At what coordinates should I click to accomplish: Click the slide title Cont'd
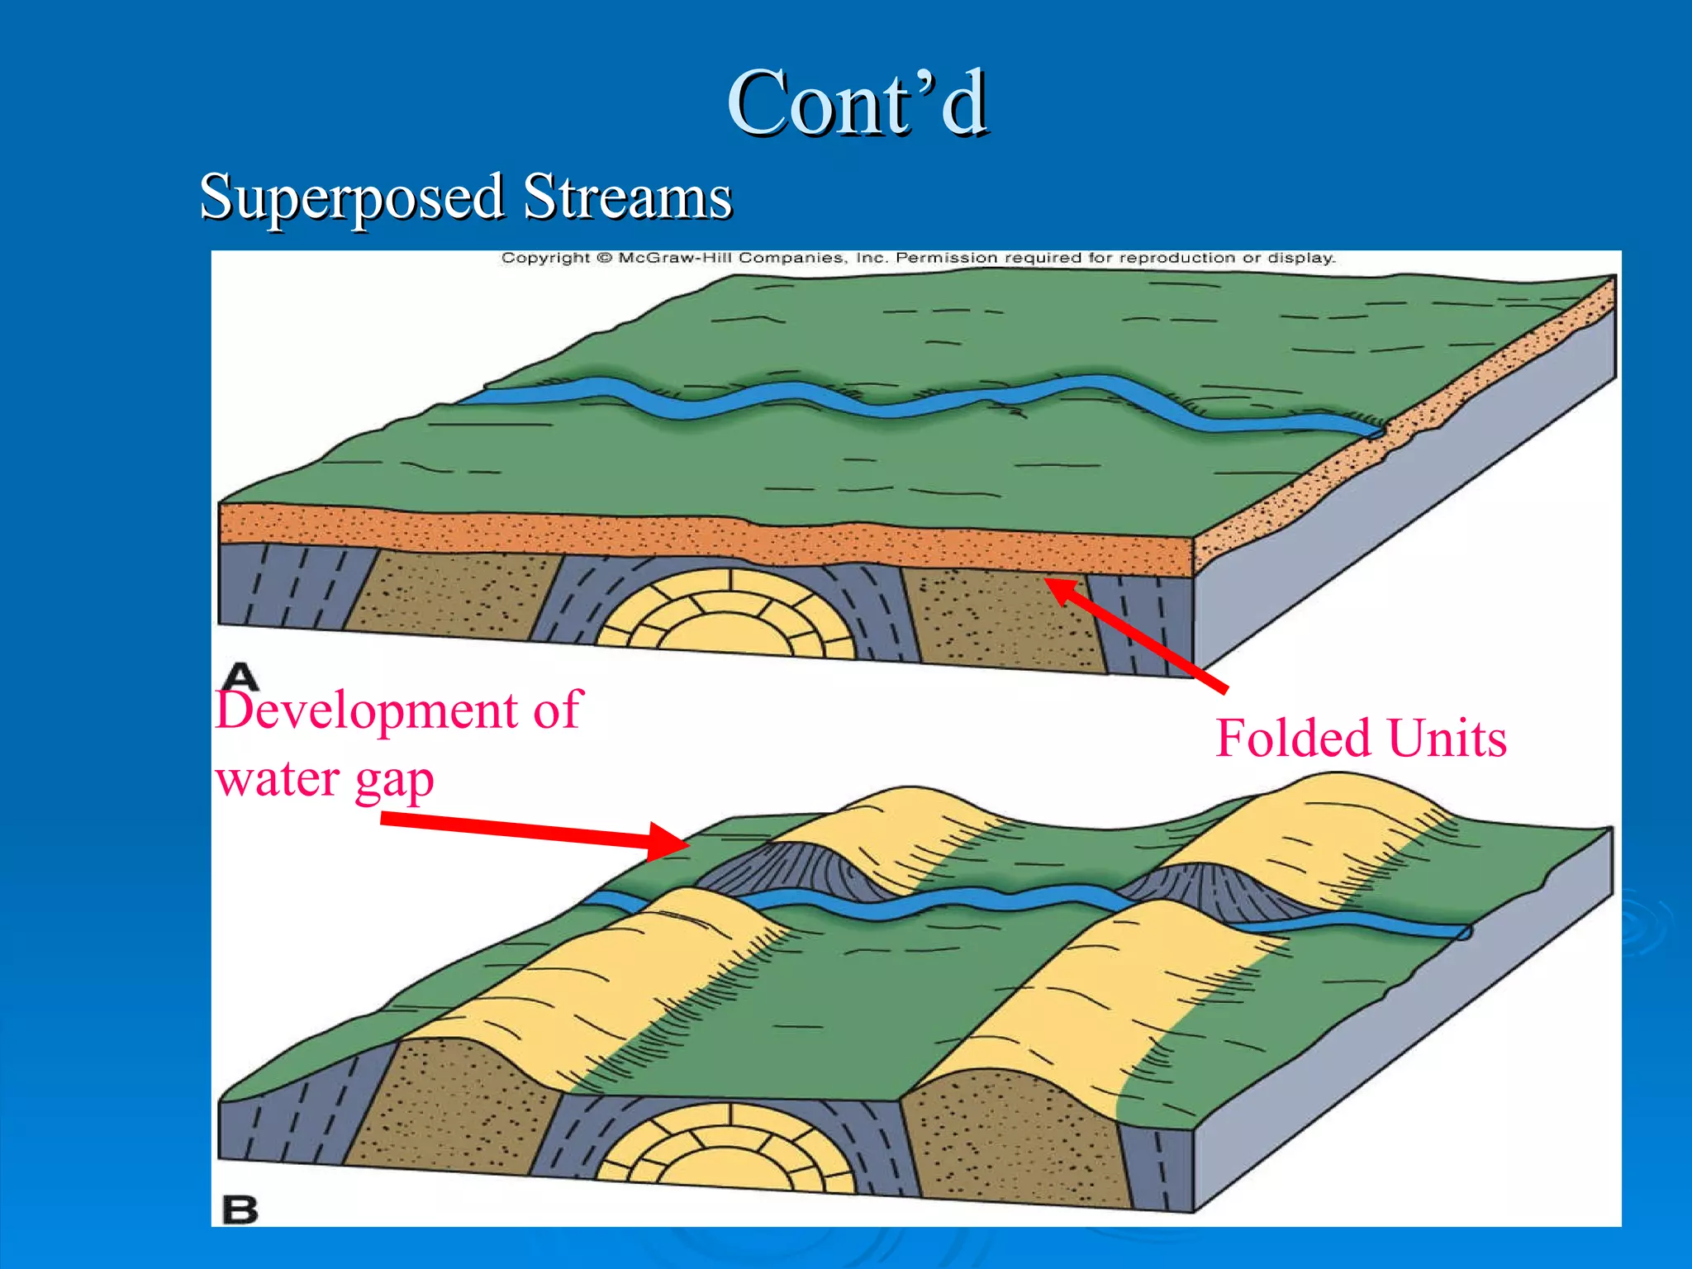click(857, 103)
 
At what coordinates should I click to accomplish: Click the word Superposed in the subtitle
click(351, 198)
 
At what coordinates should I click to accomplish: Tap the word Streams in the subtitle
click(627, 198)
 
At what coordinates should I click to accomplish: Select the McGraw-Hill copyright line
click(918, 258)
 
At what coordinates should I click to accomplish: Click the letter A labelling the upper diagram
click(241, 676)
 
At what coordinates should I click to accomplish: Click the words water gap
click(324, 780)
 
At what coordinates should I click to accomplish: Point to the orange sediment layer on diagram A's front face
click(702, 537)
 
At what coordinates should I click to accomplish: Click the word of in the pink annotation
click(558, 711)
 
